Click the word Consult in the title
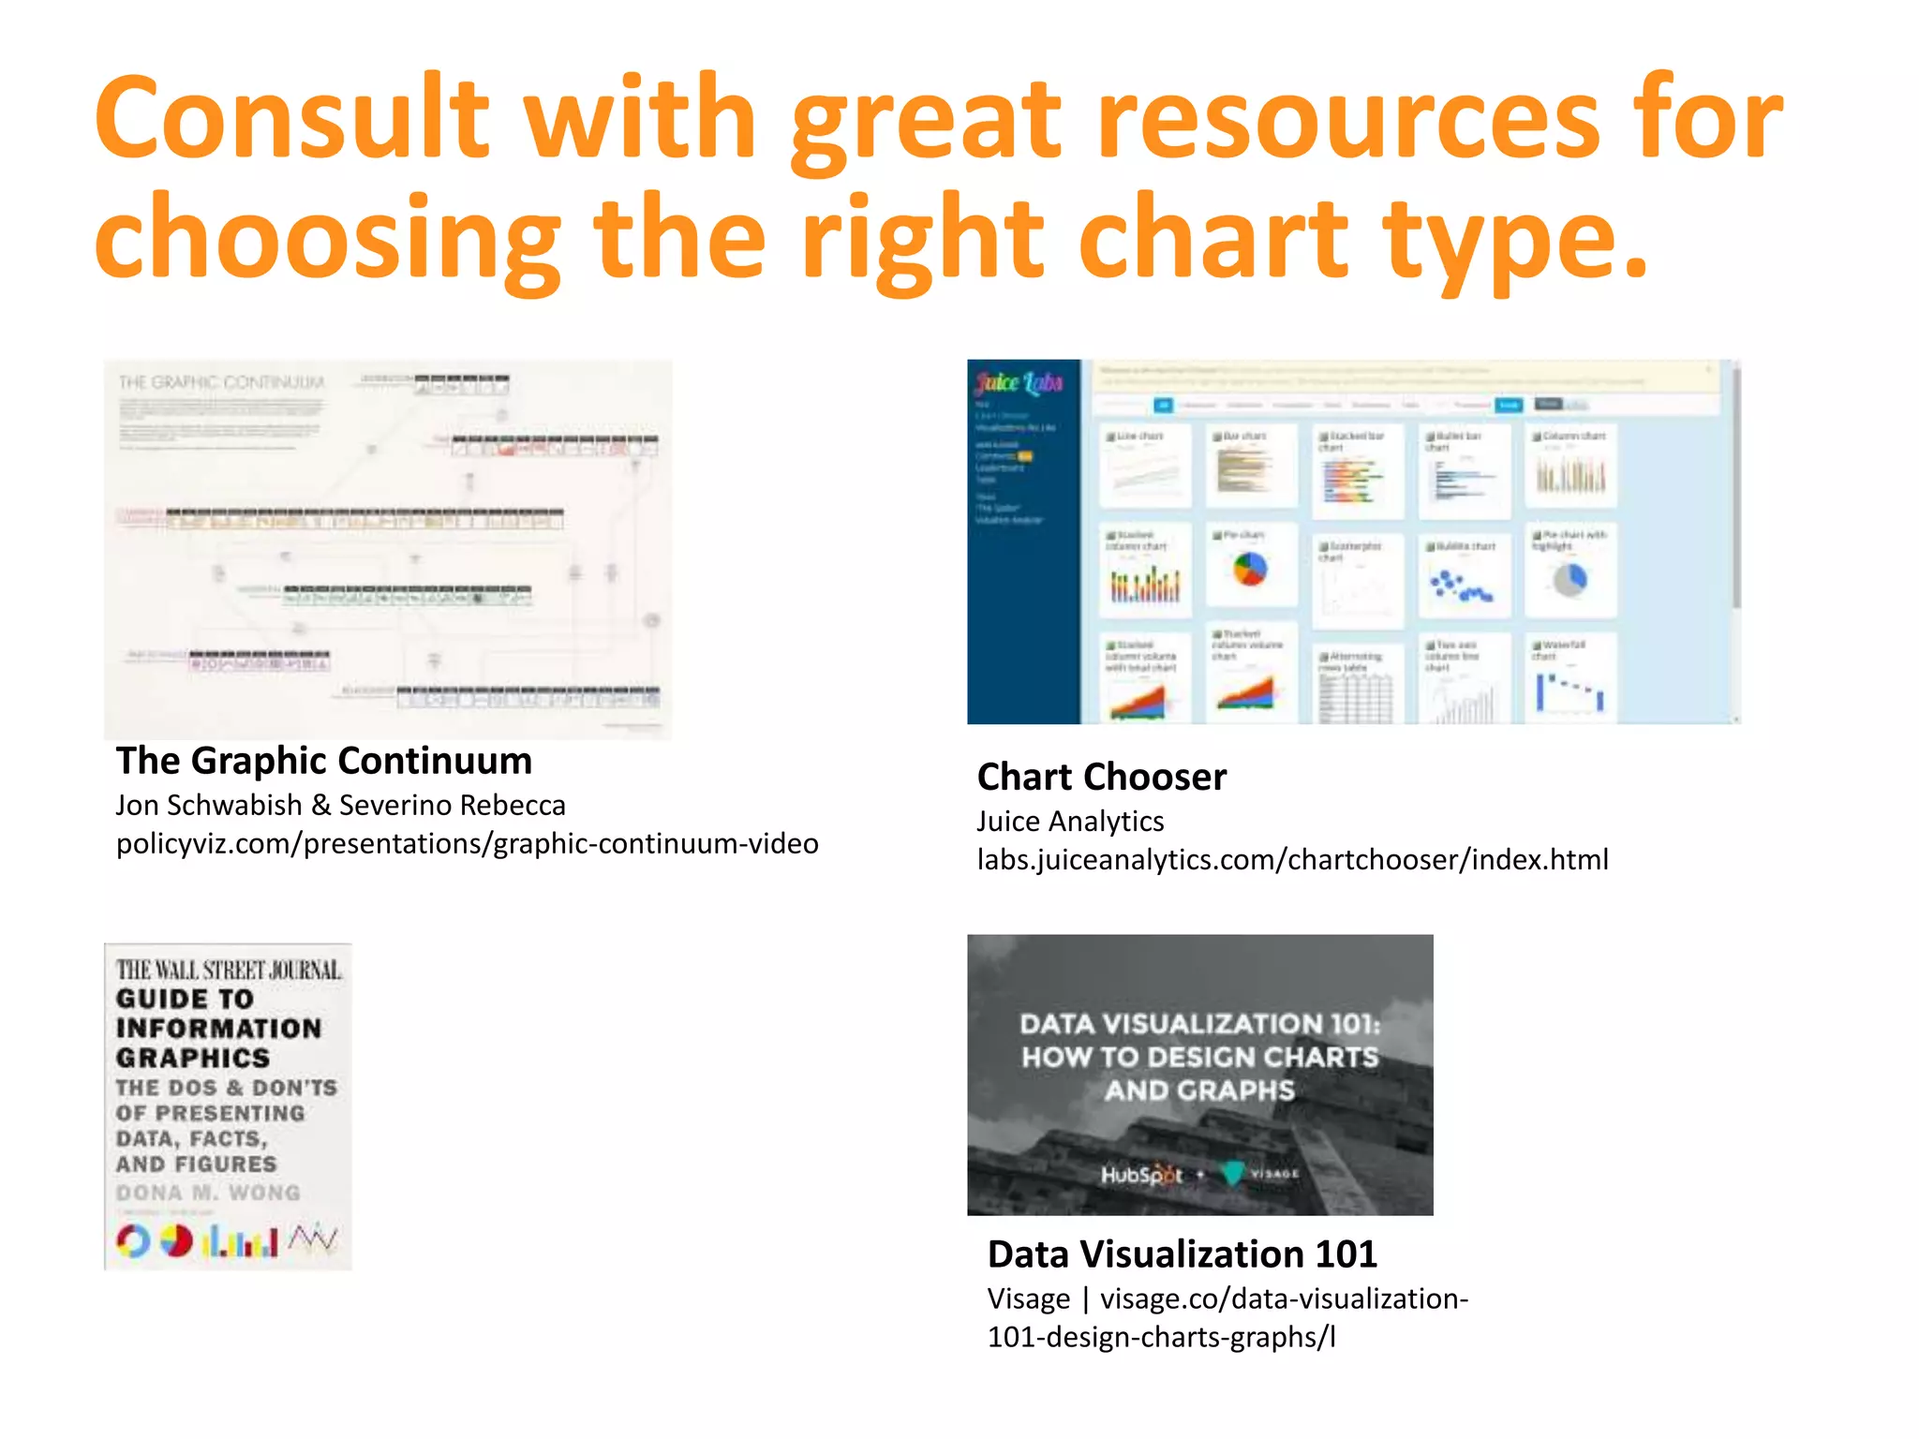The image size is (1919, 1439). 291,117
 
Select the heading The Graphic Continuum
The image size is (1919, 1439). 324,761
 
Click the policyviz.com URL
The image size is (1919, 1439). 467,843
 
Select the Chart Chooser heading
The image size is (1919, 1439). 1101,777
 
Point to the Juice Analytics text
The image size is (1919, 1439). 1070,821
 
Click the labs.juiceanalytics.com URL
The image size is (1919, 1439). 1292,859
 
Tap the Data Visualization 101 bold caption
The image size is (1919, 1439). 1182,1254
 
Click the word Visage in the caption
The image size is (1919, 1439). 1028,1298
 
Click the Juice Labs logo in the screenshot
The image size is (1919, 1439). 1019,382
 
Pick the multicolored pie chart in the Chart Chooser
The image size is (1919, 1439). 1250,568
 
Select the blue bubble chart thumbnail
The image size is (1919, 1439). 1460,586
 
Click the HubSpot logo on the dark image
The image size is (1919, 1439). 1141,1174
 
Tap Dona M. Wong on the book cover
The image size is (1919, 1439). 208,1193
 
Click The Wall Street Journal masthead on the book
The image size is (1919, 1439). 229,970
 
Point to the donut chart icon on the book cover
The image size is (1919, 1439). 133,1241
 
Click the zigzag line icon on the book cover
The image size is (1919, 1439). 313,1239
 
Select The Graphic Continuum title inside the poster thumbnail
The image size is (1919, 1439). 221,382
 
